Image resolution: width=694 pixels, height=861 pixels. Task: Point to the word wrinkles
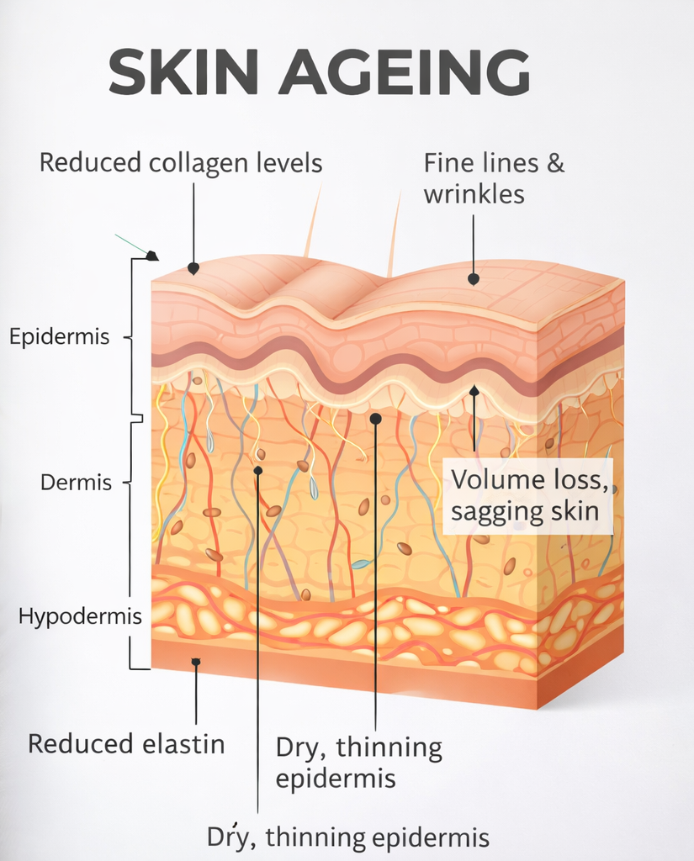474,194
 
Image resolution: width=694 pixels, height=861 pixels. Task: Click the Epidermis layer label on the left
60,337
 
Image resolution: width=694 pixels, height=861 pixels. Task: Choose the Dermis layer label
77,483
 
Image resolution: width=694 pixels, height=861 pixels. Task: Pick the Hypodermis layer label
69,617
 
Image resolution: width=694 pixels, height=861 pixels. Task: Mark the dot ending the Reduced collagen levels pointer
193,268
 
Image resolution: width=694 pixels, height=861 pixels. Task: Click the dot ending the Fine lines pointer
474,277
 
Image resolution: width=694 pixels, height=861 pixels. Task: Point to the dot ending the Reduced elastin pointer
195,663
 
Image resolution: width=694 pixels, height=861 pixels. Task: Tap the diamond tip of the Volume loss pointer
474,391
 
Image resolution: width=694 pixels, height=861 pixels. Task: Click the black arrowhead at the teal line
152,256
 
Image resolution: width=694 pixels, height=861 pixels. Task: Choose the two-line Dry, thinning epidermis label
359,763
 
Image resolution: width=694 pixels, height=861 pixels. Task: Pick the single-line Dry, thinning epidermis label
348,837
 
